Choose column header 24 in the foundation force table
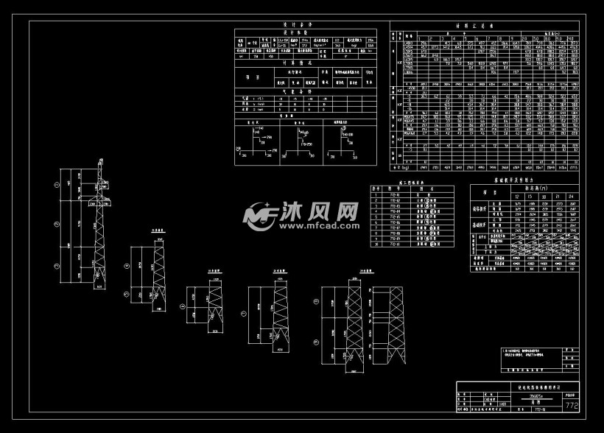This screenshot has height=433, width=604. [x=564, y=197]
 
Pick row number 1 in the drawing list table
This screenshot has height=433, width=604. [x=376, y=194]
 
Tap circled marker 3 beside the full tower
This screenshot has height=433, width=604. [x=58, y=263]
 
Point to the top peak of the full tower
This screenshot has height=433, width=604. [x=100, y=158]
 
